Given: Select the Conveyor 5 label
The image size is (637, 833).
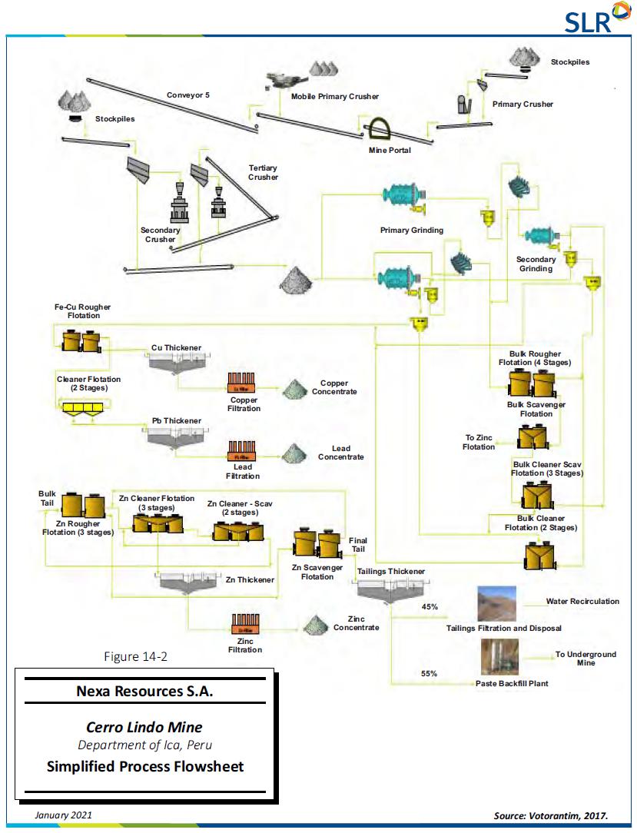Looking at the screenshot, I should (188, 95).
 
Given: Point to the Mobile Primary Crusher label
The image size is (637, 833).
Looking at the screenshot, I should (334, 97).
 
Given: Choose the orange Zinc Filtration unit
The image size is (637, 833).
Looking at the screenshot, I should (245, 623).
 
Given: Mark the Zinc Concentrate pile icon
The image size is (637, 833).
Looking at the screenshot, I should (314, 624).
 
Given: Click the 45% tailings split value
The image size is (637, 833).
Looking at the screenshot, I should (430, 607).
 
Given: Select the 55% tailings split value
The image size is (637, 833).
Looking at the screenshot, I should (429, 673).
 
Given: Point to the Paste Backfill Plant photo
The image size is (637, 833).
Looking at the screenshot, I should (496, 658).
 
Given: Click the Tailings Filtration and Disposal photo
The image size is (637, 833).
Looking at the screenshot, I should (496, 604).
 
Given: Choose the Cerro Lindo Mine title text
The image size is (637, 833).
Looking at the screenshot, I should (144, 727).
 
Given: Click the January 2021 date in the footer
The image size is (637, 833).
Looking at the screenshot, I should (61, 814).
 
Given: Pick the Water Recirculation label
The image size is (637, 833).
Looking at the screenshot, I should (582, 602).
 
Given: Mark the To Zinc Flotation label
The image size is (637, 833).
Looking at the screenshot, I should (479, 442).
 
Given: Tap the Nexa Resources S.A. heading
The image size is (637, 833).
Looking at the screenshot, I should (144, 691).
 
